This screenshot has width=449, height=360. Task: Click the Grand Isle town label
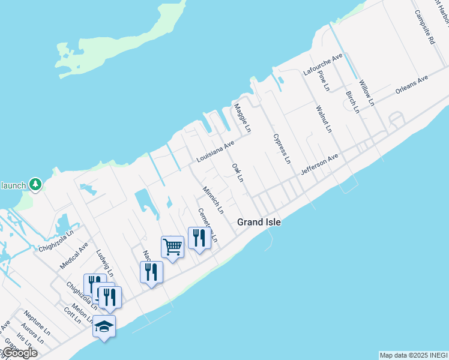pos(259,222)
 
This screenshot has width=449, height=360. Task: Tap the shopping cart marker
pos(172,247)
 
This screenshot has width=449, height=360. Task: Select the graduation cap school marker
pos(104,326)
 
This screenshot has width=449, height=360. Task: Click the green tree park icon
pos(35,184)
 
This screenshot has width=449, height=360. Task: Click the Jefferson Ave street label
pos(320,164)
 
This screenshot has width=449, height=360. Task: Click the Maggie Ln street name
pos(242,118)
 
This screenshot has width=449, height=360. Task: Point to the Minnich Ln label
pos(213,200)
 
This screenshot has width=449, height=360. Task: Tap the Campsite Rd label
pos(424,27)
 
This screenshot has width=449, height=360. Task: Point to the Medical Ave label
pos(74,256)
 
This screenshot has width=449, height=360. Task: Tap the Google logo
pos(19,353)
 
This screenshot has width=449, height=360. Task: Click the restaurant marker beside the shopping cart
pos(198,238)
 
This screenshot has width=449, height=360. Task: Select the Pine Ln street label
pos(324,80)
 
